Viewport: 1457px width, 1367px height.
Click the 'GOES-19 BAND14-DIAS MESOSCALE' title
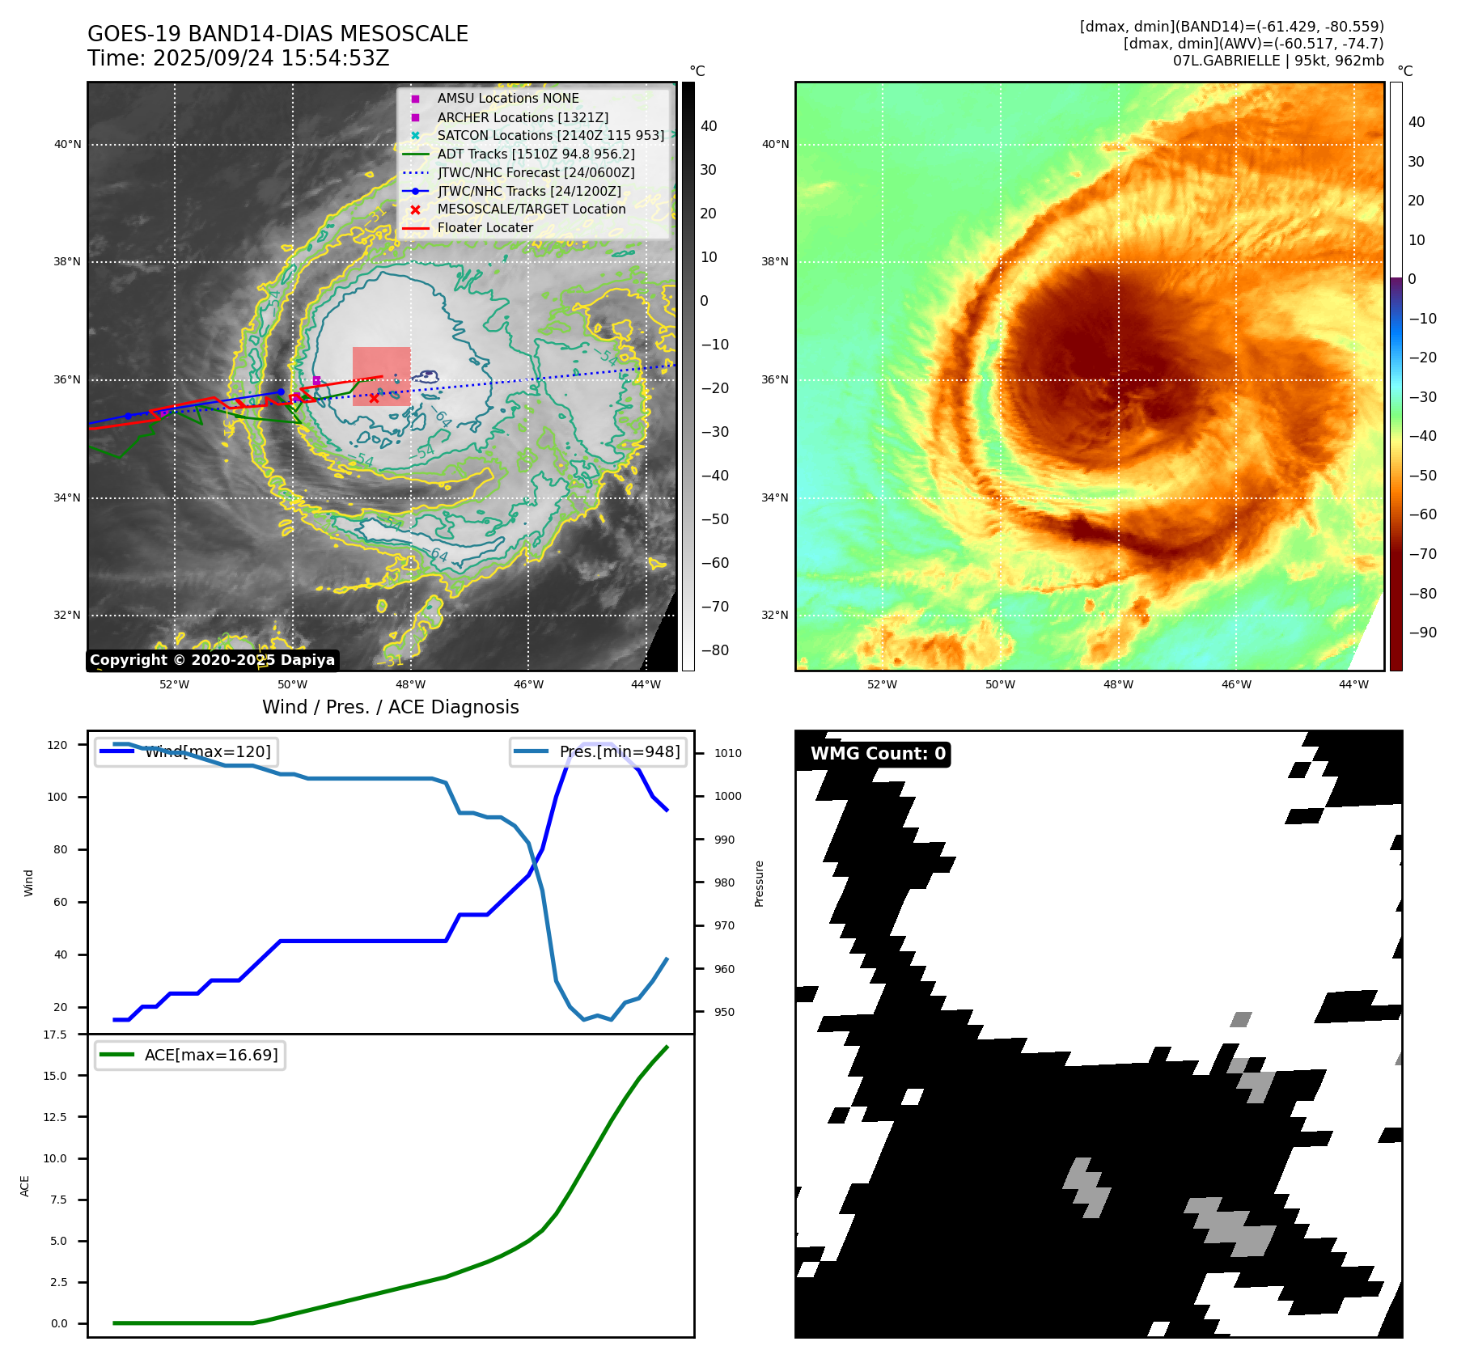(x=277, y=34)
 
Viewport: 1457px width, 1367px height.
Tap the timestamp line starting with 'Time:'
(x=238, y=58)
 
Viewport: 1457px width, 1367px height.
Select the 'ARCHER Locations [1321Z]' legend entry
(x=522, y=117)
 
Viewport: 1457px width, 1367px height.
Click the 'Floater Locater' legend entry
(x=485, y=228)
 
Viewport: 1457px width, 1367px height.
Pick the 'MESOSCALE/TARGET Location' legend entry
(x=531, y=209)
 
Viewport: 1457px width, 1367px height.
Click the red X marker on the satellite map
(x=374, y=398)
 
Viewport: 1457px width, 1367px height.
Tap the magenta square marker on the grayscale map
(x=316, y=380)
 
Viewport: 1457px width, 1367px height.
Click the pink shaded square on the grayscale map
(x=381, y=376)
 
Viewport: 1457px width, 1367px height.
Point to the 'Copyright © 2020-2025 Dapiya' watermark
(x=212, y=660)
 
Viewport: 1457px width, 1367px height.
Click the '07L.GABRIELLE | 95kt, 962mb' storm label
(x=1277, y=61)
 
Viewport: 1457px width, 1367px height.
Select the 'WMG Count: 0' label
(x=878, y=754)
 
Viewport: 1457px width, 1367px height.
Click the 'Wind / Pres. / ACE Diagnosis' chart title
(x=390, y=707)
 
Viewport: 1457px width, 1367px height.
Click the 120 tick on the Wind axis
(x=57, y=745)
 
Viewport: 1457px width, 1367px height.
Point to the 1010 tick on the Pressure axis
(x=727, y=753)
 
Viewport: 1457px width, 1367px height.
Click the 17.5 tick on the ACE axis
(x=55, y=1035)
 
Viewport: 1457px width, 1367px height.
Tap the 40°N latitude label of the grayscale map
(x=67, y=145)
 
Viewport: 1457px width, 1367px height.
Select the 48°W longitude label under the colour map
(x=1118, y=684)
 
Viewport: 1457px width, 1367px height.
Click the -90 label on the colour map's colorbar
(x=1422, y=633)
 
